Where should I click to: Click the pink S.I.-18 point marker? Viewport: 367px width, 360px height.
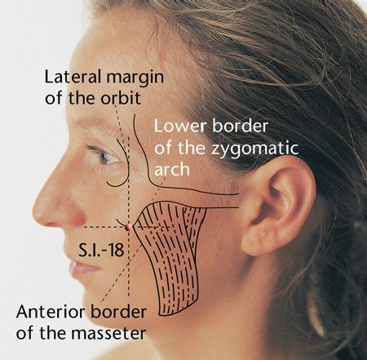pos(129,227)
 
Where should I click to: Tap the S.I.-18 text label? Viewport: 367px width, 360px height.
pos(101,251)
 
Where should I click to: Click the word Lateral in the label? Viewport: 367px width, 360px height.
pos(73,77)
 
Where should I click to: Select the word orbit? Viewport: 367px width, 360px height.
pos(121,98)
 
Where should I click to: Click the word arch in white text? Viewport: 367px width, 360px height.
pos(172,169)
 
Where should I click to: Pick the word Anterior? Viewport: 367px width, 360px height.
pos(51,312)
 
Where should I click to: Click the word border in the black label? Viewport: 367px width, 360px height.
pos(118,312)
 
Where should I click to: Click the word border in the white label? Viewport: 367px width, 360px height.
pos(240,126)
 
